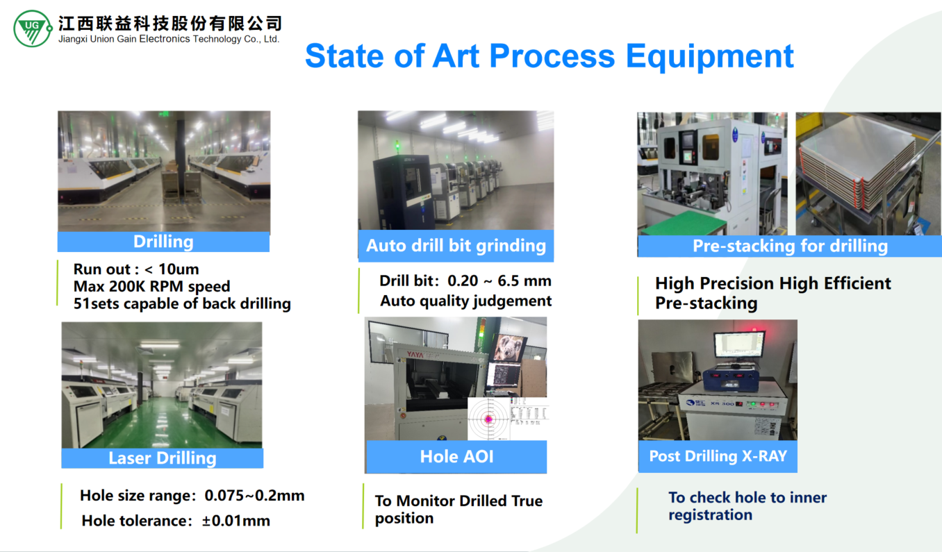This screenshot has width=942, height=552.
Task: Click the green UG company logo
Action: (33, 28)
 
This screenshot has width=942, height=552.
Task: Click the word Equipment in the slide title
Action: (709, 57)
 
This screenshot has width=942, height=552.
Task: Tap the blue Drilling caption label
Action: (163, 242)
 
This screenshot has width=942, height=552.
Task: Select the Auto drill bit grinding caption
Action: (456, 246)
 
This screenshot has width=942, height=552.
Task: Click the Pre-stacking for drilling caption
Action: (790, 246)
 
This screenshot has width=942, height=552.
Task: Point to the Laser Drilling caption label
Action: (163, 458)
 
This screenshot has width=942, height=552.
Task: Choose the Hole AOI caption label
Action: (456, 457)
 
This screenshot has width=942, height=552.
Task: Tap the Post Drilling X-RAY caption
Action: (718, 456)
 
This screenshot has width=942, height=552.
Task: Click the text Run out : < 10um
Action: (136, 269)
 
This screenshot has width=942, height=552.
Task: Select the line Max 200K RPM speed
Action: (152, 286)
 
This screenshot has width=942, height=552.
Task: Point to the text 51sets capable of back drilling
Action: (182, 303)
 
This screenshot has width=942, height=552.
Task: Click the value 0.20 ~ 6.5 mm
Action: (499, 281)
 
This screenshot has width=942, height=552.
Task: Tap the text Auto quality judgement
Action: (466, 301)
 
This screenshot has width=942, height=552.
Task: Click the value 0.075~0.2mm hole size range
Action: (254, 496)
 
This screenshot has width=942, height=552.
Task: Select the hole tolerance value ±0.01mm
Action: (236, 521)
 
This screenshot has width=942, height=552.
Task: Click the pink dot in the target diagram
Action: (488, 419)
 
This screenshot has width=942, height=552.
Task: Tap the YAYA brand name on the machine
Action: (415, 355)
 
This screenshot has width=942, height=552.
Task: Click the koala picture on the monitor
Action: (509, 347)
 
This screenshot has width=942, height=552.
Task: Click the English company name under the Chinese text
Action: (169, 39)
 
